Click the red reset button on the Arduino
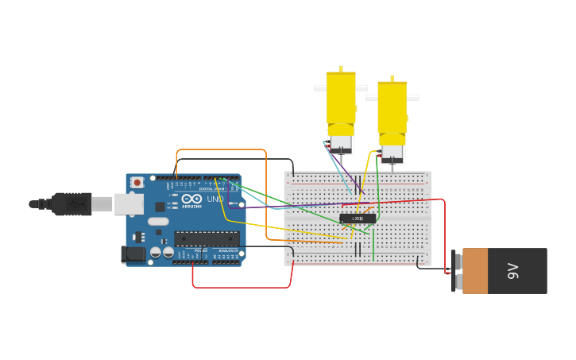pos(137,183)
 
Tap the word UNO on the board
pos(215,199)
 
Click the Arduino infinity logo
pos(191,199)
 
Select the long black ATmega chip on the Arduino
pos(207,238)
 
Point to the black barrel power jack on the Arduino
pos(133,254)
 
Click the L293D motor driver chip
pos(358,219)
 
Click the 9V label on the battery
pos(513,271)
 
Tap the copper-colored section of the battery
pos(475,271)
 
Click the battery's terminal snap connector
pos(454,271)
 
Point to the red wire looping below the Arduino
pos(238,287)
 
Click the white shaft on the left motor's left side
pos(320,88)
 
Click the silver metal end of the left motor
pos(341,144)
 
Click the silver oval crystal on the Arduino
pos(158,222)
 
